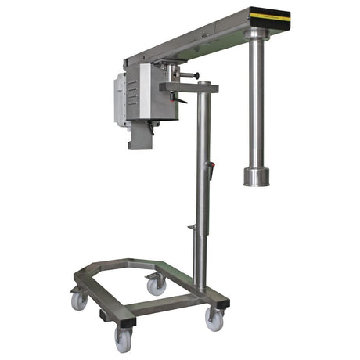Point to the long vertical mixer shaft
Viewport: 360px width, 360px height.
click(x=257, y=102)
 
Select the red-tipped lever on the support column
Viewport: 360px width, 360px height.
click(x=209, y=167)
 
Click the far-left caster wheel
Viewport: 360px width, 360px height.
click(x=80, y=301)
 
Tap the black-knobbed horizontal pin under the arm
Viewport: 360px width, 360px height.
click(x=190, y=75)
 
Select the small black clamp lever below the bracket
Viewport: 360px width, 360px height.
click(x=182, y=101)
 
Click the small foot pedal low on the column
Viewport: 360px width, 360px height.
click(x=191, y=228)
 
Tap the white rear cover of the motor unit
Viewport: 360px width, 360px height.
click(x=119, y=98)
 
